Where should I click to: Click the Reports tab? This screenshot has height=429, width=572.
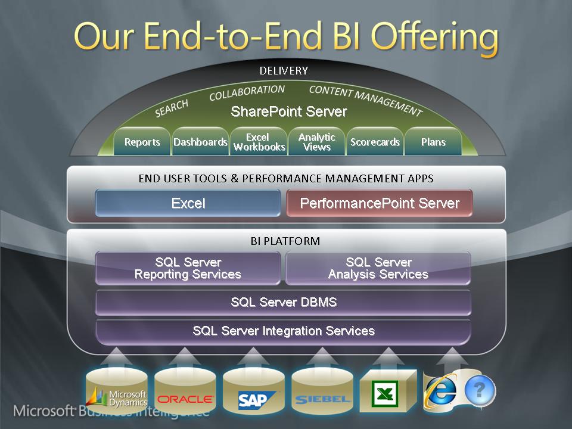click(142, 142)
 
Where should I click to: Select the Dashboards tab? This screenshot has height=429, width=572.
click(200, 142)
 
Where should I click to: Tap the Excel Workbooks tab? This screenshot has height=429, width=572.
click(259, 142)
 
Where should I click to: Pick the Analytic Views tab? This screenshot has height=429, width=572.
click(316, 142)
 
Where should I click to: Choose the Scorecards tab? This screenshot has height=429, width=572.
click(375, 142)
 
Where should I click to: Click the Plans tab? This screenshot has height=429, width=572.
click(433, 142)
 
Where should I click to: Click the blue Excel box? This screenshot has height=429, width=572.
click(188, 203)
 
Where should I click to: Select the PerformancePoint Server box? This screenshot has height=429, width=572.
click(380, 203)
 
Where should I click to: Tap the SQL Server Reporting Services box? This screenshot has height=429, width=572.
click(188, 268)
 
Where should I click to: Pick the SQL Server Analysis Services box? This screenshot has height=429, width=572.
click(378, 268)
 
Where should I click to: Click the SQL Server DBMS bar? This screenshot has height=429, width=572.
click(283, 303)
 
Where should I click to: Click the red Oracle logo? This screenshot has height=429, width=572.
click(185, 399)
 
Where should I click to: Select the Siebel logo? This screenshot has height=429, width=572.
click(322, 400)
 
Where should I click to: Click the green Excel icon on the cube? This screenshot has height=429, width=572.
click(384, 394)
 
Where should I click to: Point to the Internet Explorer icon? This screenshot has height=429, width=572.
click(441, 391)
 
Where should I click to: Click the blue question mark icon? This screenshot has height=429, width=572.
click(480, 390)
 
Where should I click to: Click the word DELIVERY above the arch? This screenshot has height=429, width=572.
click(284, 71)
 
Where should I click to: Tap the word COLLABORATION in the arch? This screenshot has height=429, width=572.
click(247, 93)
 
